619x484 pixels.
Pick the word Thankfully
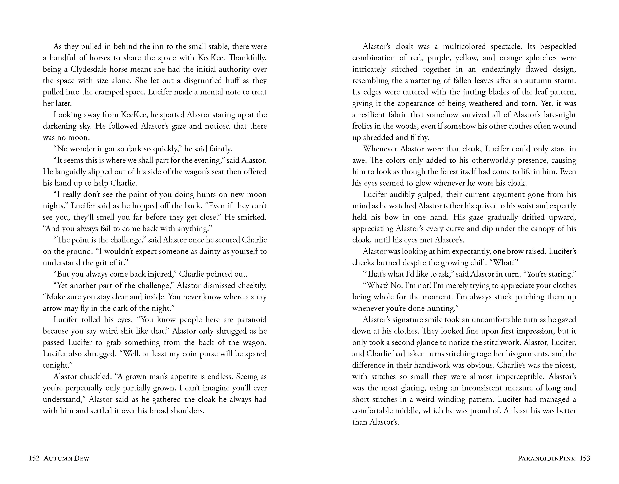(246, 58)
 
